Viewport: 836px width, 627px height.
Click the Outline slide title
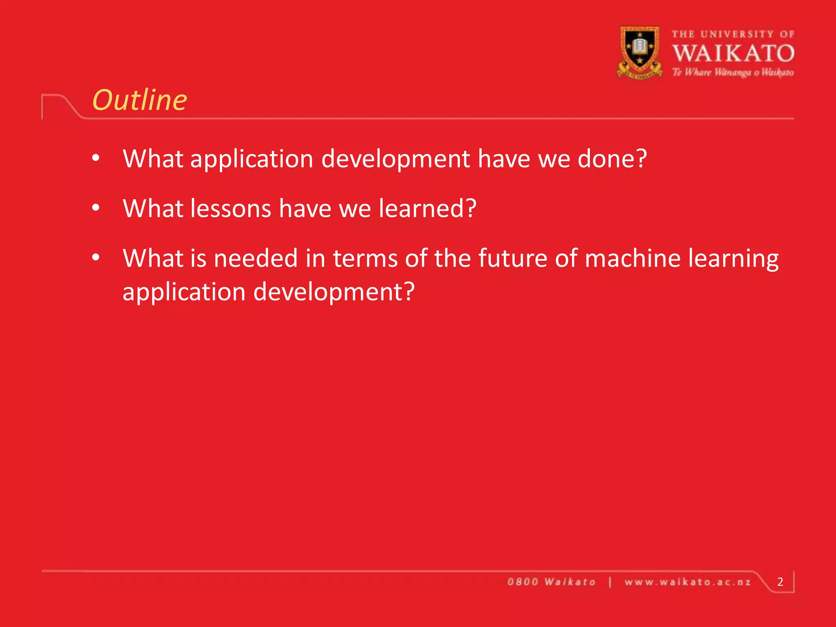(140, 100)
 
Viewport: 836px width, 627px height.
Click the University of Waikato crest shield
(640, 51)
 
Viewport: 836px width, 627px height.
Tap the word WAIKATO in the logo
(733, 53)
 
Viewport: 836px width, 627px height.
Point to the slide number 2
(780, 582)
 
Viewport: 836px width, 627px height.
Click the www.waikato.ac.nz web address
(688, 582)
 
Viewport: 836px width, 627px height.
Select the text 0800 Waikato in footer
(551, 582)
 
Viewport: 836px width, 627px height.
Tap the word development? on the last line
(334, 292)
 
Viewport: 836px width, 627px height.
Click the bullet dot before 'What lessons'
(96, 208)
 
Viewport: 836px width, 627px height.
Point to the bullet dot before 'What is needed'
(96, 258)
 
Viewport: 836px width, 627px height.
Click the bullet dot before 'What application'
(96, 158)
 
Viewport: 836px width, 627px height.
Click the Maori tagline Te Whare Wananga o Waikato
(733, 73)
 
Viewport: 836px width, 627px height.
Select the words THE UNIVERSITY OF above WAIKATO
(733, 34)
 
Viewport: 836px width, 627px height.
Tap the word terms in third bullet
(365, 258)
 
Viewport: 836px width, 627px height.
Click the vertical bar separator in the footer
(610, 582)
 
